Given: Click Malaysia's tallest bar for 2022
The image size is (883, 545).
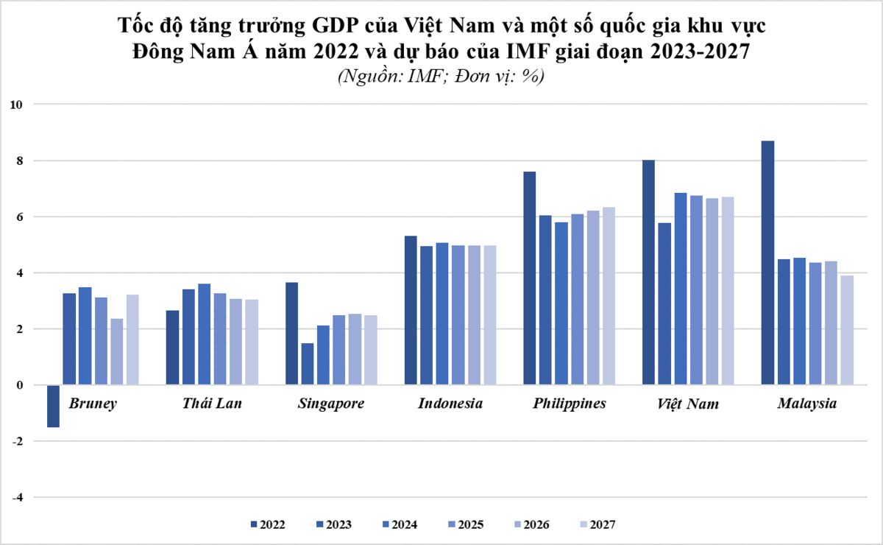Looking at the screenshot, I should click(767, 262).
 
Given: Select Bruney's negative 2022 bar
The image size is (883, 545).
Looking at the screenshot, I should click(53, 406).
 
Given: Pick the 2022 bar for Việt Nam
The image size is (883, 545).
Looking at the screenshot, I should click(648, 272).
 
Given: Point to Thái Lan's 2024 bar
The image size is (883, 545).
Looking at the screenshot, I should click(205, 334).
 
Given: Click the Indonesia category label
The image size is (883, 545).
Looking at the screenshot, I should click(450, 404).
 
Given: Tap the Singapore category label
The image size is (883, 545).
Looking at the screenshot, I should click(331, 404).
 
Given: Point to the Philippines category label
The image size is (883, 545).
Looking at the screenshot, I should click(570, 404).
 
